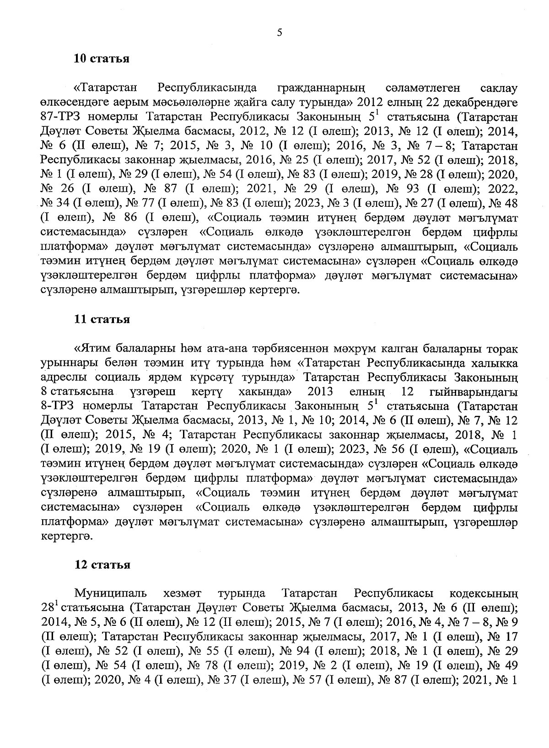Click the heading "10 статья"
click(102, 59)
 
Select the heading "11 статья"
click(102, 319)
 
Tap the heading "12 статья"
click(102, 565)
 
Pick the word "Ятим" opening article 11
click(93, 349)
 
